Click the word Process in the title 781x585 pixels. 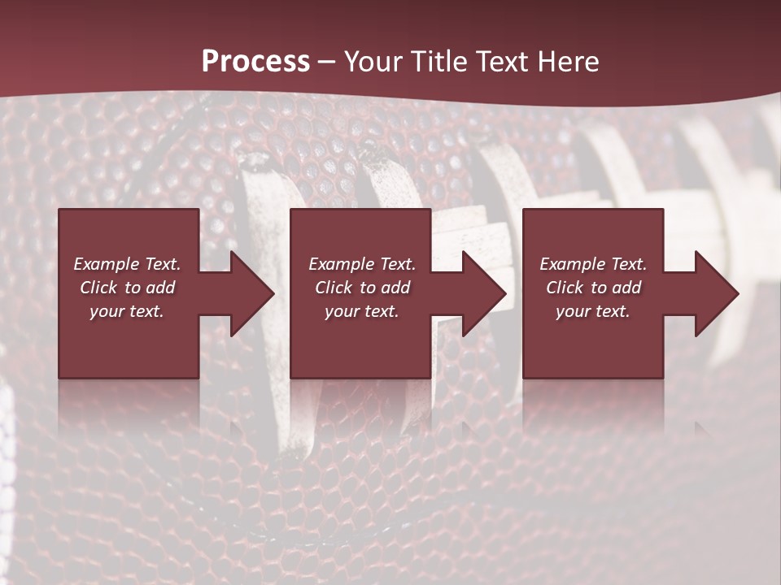(255, 62)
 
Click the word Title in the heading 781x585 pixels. (440, 62)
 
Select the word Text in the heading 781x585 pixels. (502, 62)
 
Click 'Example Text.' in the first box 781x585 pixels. (127, 264)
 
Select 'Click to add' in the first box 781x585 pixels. (127, 288)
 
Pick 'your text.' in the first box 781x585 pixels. (127, 311)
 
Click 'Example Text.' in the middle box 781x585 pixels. (362, 264)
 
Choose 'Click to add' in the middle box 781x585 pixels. (362, 288)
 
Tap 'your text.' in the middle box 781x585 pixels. (362, 311)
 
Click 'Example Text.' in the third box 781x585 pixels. (593, 264)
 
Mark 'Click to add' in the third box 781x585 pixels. (593, 288)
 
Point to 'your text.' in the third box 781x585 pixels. (593, 311)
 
